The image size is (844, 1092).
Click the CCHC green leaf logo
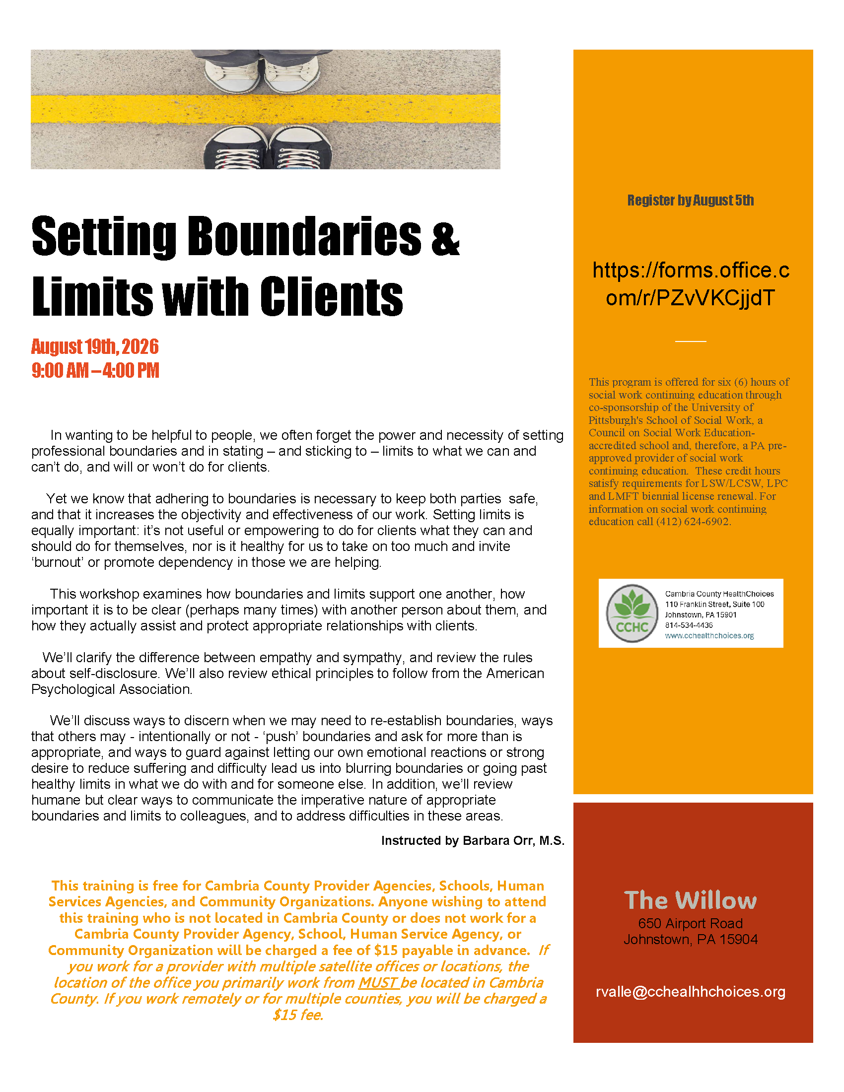pyautogui.click(x=632, y=613)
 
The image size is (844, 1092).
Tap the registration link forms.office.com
pyautogui.click(x=691, y=284)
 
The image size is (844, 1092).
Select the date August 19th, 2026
pyautogui.click(x=95, y=346)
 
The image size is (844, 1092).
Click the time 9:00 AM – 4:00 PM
pyautogui.click(x=95, y=370)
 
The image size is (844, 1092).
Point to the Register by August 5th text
pyautogui.click(x=691, y=201)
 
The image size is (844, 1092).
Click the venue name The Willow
pyautogui.click(x=691, y=900)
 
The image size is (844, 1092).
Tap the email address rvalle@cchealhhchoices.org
pyautogui.click(x=691, y=992)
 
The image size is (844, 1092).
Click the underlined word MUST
pyautogui.click(x=378, y=982)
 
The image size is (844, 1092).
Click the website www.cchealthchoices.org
pyautogui.click(x=709, y=636)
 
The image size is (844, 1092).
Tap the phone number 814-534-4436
pyautogui.click(x=689, y=625)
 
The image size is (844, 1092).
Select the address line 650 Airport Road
pyautogui.click(x=691, y=924)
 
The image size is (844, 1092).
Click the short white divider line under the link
pyautogui.click(x=691, y=341)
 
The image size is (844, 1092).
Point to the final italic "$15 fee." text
pyautogui.click(x=298, y=1015)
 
